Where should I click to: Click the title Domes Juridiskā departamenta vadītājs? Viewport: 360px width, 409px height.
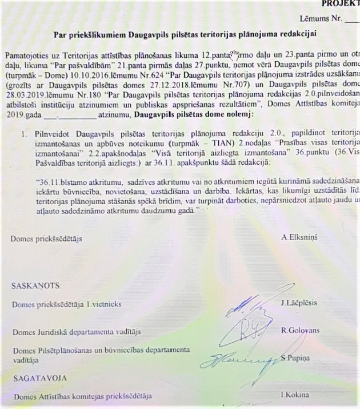pos(77,331)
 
